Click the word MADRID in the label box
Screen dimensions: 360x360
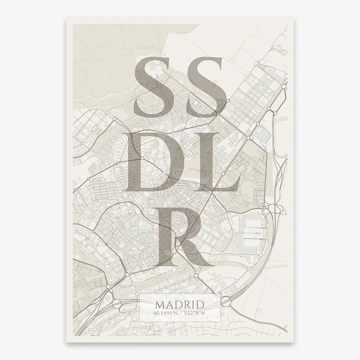point(180,304)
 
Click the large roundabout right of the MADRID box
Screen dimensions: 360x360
point(226,301)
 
